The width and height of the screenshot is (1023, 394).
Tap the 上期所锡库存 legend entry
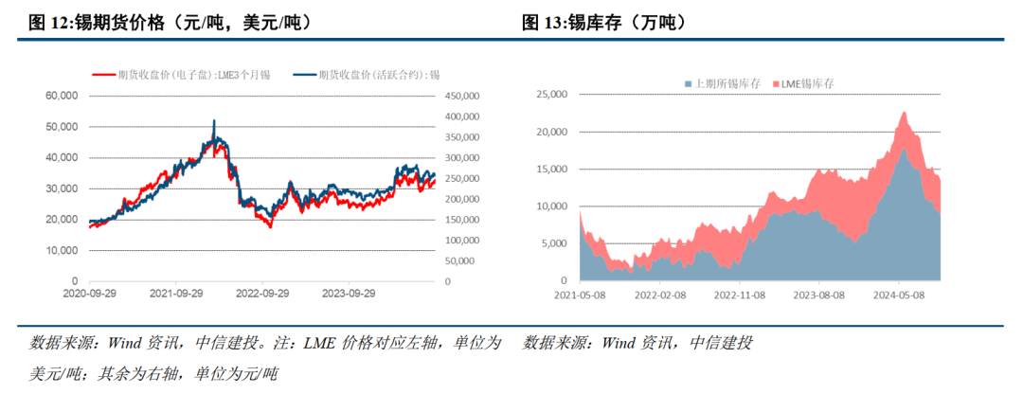click(x=722, y=84)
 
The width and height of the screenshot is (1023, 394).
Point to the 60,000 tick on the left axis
click(x=61, y=96)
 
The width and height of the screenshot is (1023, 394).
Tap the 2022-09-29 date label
click(x=262, y=295)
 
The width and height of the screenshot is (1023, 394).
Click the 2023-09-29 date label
click(x=349, y=295)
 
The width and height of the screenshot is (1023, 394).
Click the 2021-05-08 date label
click(x=580, y=295)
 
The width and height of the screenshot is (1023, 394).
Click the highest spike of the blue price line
click(x=214, y=121)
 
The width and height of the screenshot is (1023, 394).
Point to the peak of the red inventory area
click(x=905, y=113)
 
